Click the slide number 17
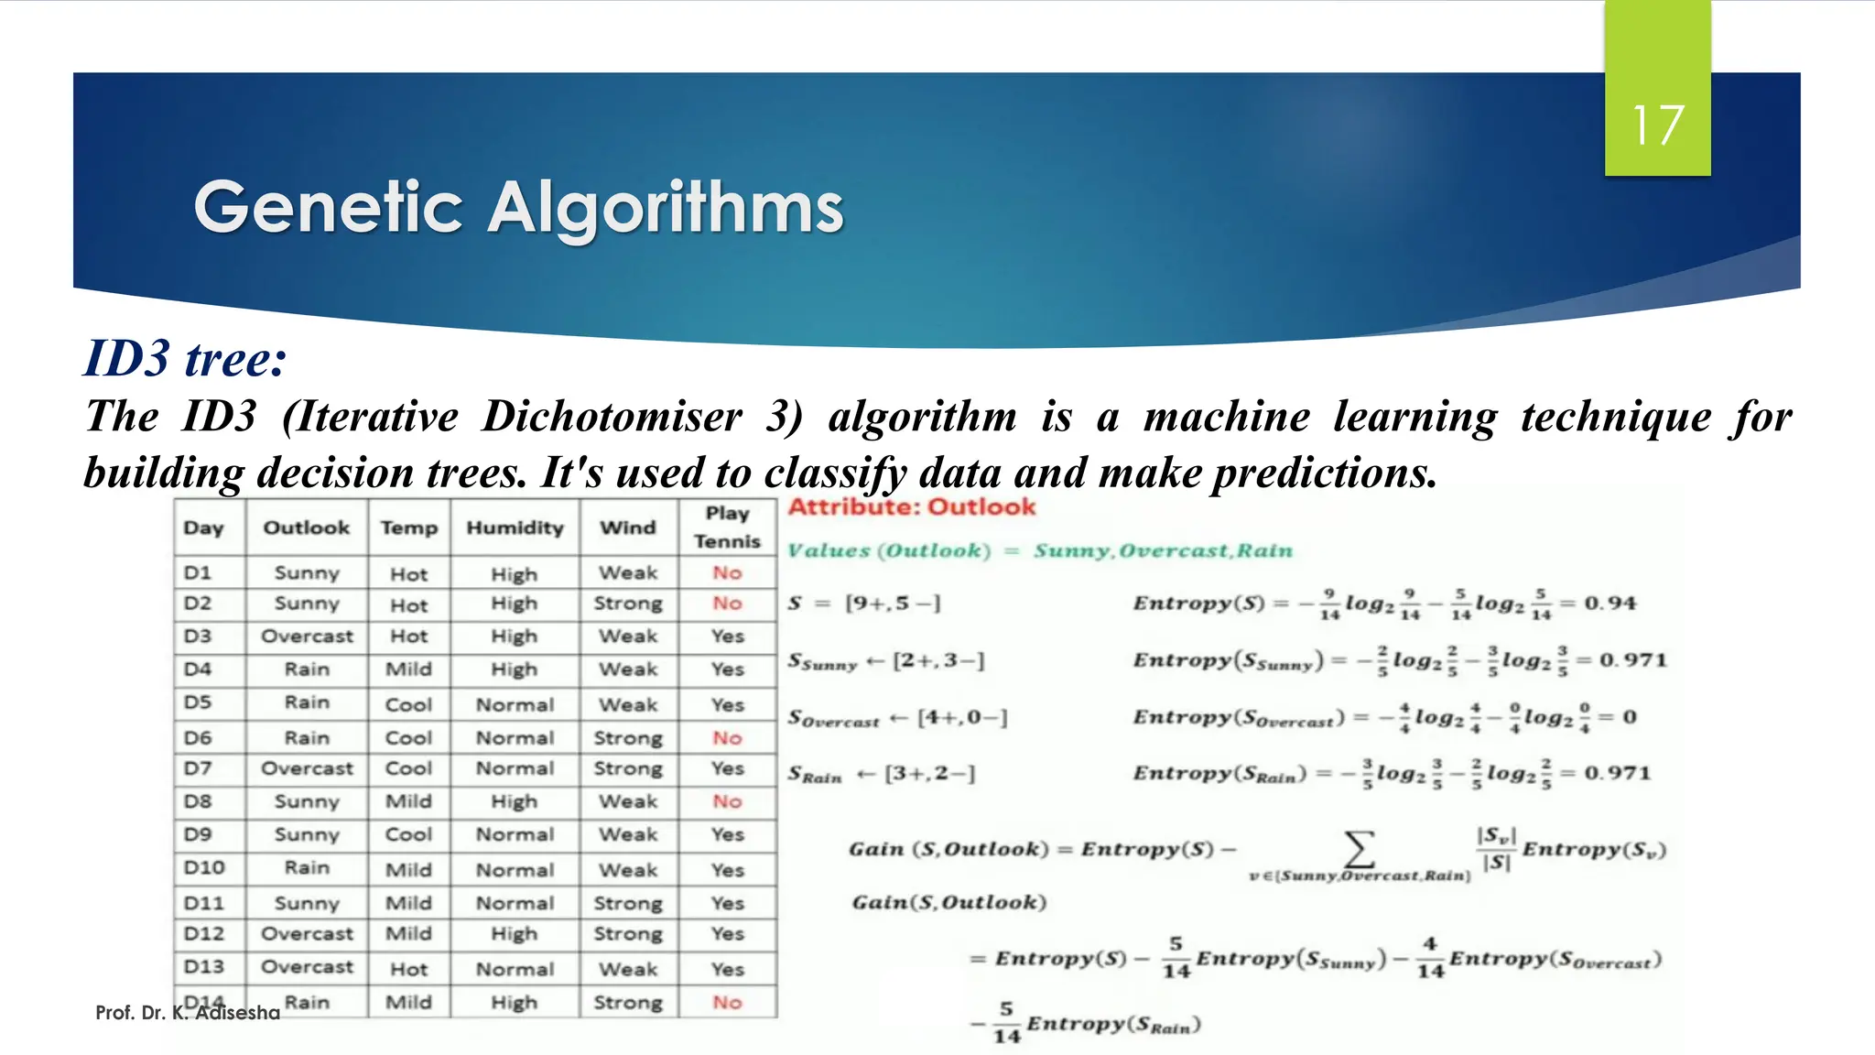point(1657,125)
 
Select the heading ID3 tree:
point(185,358)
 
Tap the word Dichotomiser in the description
point(612,417)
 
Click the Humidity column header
point(515,527)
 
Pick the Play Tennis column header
point(727,527)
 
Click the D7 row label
point(198,768)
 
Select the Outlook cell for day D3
point(307,636)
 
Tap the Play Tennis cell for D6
point(727,738)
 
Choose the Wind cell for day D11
point(628,903)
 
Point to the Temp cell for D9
point(408,834)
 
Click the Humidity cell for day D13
point(515,969)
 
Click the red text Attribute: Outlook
point(912,507)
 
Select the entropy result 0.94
point(1610,604)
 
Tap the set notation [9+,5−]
point(893,604)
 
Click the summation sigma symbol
point(1360,848)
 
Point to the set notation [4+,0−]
point(962,717)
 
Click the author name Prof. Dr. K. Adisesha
point(188,1013)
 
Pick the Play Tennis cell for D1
point(727,573)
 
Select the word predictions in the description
point(1324,473)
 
